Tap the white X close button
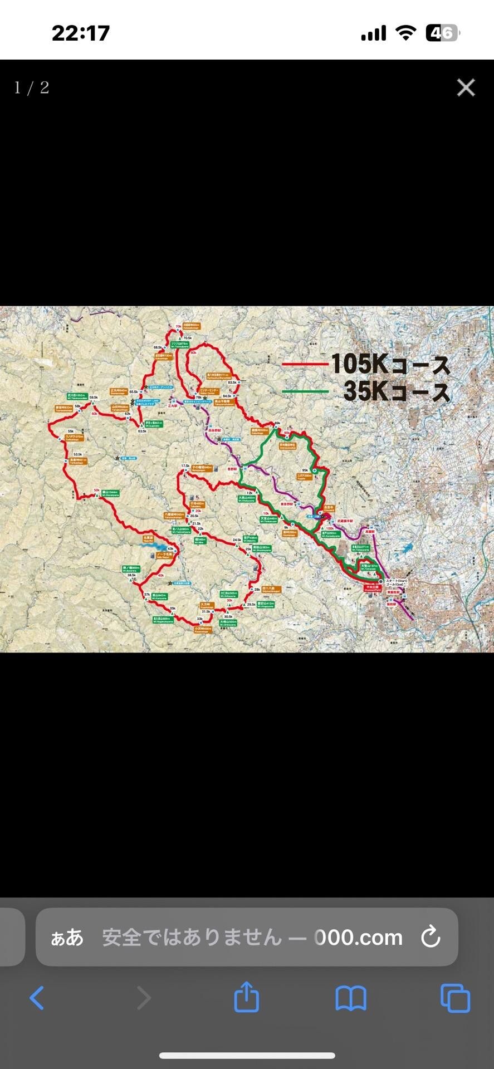tap(466, 87)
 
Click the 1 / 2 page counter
tap(32, 88)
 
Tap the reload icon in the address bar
tap(431, 937)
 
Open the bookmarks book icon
tap(350, 998)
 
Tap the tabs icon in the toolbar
tap(455, 998)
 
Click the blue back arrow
tap(37, 998)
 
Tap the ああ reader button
tap(67, 938)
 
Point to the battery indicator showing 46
tap(442, 33)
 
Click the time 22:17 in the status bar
tap(81, 33)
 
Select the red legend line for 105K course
tap(305, 364)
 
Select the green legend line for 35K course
tap(305, 391)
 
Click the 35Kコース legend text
tap(396, 391)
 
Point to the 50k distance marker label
tap(96, 491)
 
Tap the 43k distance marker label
tap(170, 548)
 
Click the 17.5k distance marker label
tap(185, 465)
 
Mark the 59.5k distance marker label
tap(94, 398)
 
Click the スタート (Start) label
tap(397, 581)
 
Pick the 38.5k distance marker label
tap(131, 575)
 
